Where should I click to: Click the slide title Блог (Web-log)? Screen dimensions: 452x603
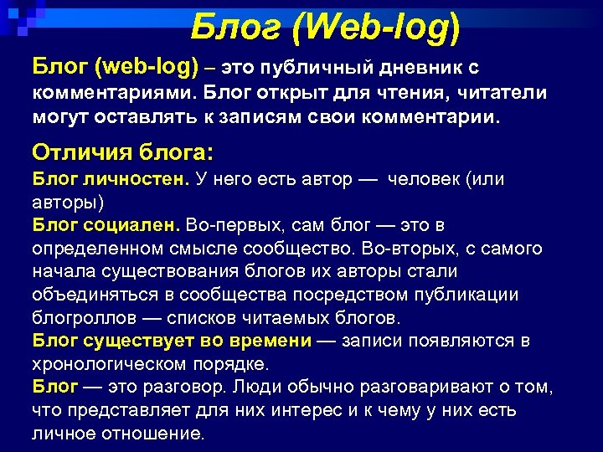coord(325,29)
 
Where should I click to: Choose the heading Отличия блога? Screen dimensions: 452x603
coord(122,153)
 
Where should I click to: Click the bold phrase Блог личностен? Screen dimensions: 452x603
coord(111,179)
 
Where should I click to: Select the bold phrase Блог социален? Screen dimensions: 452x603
coord(106,225)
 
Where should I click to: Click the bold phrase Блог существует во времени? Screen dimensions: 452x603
coord(172,341)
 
